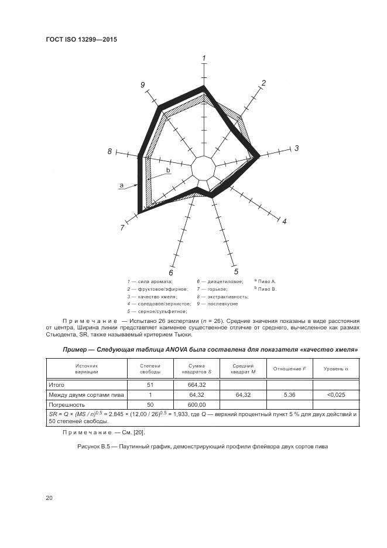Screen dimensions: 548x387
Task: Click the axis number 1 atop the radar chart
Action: [204, 58]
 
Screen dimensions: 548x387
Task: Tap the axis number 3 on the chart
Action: [296, 148]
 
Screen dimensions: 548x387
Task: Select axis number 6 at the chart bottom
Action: [171, 273]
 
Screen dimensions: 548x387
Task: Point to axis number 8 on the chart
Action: [109, 152]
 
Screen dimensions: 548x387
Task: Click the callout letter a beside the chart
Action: [121, 185]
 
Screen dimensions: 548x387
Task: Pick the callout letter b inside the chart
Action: [168, 170]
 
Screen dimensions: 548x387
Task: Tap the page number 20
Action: [49, 498]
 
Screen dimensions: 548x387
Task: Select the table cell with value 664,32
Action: [196, 384]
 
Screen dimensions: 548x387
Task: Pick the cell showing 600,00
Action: [196, 404]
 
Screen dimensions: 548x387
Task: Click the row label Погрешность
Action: [67, 404]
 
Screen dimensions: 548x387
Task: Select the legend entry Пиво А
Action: [267, 281]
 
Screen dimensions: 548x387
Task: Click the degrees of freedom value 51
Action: [150, 384]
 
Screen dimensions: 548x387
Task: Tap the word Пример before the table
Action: [77, 349]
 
